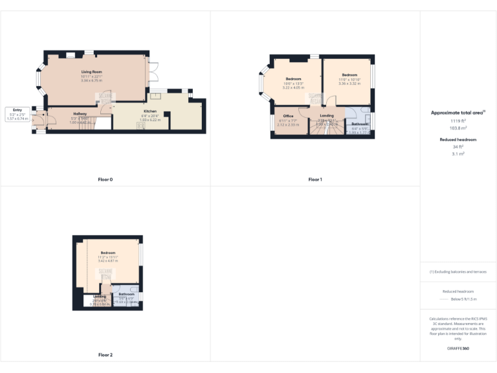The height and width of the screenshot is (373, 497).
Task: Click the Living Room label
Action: coord(92,71)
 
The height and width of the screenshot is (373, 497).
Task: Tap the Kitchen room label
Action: coord(150,111)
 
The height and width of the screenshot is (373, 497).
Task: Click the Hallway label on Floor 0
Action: coord(80,113)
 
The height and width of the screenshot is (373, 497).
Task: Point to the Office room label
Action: coord(288,116)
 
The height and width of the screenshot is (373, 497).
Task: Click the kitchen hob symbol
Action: coord(141,126)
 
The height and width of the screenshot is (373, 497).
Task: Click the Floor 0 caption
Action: coord(105,179)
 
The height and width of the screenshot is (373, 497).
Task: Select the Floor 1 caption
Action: coord(315,179)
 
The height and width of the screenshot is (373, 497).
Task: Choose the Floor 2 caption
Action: coord(105,355)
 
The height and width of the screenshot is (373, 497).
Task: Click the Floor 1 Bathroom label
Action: coord(360,124)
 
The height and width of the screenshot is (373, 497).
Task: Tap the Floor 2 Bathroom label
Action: coord(126,294)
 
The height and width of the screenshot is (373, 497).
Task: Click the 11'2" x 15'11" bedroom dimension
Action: coord(107,257)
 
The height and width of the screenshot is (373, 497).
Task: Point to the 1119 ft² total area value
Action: coord(458,120)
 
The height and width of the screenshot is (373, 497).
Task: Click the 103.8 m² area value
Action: coord(458,128)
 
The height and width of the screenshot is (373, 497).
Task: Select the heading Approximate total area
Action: coord(458,113)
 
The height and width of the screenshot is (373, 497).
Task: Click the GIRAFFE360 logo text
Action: coord(458,348)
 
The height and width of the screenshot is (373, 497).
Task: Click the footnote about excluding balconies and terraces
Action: coord(458,271)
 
